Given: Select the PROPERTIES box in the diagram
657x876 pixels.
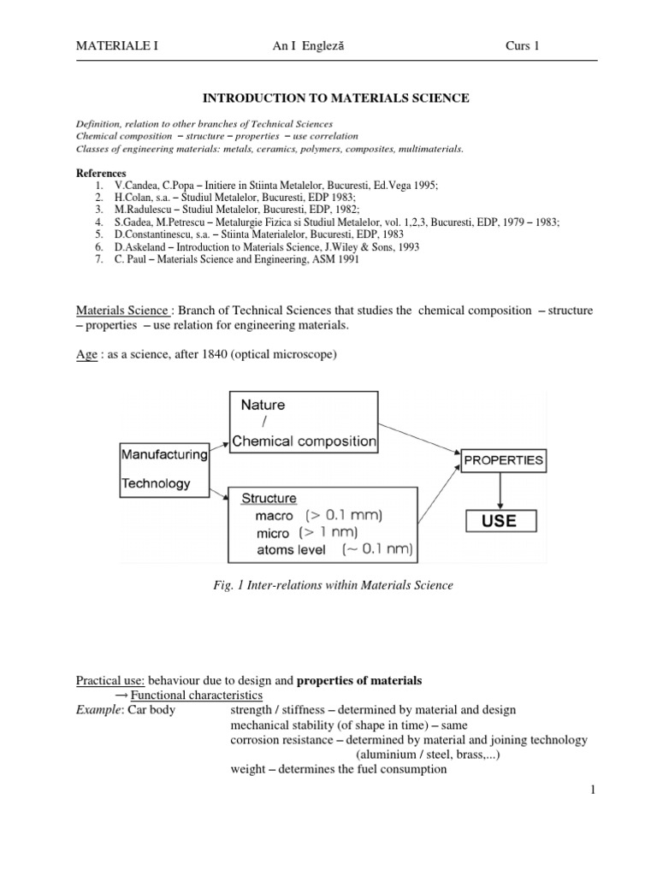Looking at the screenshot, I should click(503, 459).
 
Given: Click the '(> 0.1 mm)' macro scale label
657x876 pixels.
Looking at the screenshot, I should click(342, 516).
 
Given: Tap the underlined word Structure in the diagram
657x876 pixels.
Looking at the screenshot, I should click(269, 498).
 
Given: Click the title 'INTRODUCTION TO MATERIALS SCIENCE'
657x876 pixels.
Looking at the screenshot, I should click(334, 98).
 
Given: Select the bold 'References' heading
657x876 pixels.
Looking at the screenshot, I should click(102, 173).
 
